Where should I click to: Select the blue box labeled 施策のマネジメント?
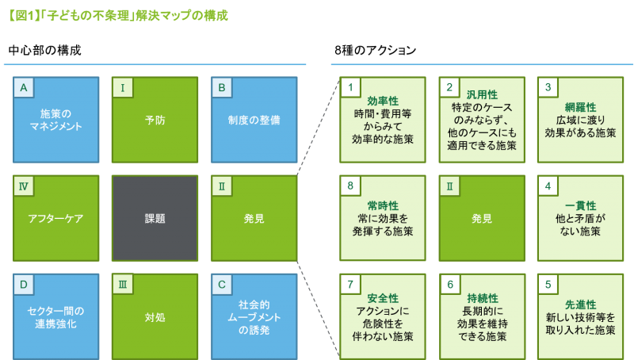pyautogui.click(x=56, y=120)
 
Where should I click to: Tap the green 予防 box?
pyautogui.click(x=155, y=120)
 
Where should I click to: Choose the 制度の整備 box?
pyautogui.click(x=254, y=120)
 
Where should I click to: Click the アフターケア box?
pyautogui.click(x=56, y=218)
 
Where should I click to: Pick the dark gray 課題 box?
pyautogui.click(x=155, y=218)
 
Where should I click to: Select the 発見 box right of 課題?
pyautogui.click(x=254, y=218)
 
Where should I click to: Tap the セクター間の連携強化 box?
pyautogui.click(x=56, y=316)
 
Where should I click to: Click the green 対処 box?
pyautogui.click(x=155, y=316)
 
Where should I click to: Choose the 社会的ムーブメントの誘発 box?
pyautogui.click(x=254, y=316)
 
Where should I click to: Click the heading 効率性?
pyautogui.click(x=383, y=101)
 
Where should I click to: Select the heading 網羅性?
pyautogui.click(x=580, y=107)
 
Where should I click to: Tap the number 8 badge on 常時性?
pyautogui.click(x=349, y=186)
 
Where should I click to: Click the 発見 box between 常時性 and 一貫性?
pyautogui.click(x=482, y=218)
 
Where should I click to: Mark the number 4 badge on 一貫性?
pyautogui.click(x=547, y=186)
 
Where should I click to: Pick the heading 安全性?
pyautogui.click(x=383, y=298)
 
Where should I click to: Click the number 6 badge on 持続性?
pyautogui.click(x=449, y=284)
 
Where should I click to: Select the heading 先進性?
pyautogui.click(x=580, y=304)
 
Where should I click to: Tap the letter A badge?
pyautogui.click(x=24, y=87)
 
